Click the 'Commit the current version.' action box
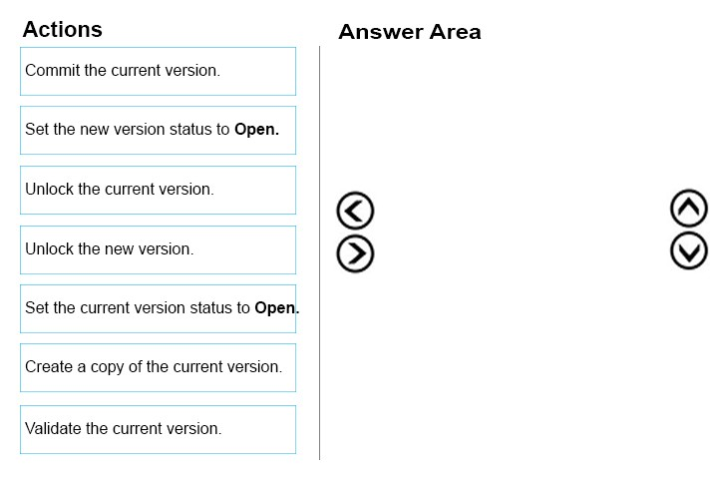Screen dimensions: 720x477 coord(158,71)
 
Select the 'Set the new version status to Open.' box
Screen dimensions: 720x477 coord(158,131)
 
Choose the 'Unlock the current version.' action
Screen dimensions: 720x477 coord(158,191)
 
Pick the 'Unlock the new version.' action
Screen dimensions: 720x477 coord(158,250)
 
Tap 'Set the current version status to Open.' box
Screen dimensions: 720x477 coord(158,308)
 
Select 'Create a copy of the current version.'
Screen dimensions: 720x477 coord(158,367)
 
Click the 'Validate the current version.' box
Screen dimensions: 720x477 coord(158,430)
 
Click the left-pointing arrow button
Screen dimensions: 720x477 coord(355,211)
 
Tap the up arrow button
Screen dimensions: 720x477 coord(689,209)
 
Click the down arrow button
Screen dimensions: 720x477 coord(689,250)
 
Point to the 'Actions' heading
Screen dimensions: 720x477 coord(63,29)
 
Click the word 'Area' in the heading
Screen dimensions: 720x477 coord(456,32)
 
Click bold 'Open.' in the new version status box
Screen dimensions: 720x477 coord(256,130)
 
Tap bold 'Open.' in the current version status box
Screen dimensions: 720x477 coord(277,308)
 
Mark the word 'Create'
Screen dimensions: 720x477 coord(49,366)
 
